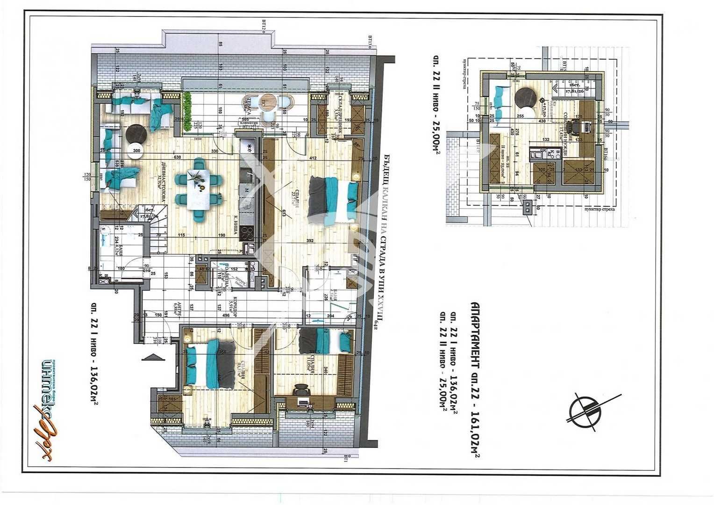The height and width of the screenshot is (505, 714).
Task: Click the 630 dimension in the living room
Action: [177, 158]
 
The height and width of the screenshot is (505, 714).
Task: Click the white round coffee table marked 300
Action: [136, 151]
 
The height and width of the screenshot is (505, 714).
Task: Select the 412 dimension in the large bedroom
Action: [313, 158]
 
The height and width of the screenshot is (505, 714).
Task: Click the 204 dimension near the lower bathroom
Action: [330, 316]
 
